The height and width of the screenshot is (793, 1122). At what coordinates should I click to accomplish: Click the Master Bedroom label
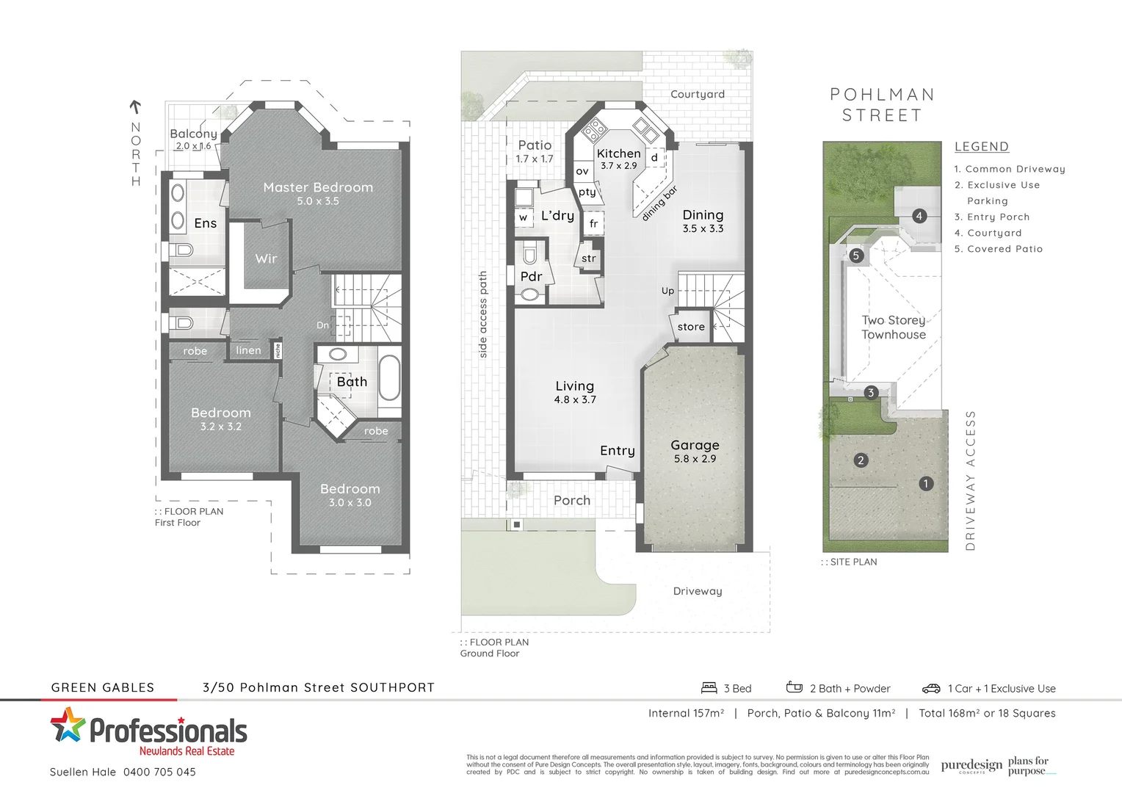coord(318,188)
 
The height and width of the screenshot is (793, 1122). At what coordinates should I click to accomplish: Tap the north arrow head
coord(135,105)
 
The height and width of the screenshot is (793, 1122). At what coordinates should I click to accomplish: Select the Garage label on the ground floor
coord(695,445)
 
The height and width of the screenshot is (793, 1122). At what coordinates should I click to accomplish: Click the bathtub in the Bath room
coord(389,377)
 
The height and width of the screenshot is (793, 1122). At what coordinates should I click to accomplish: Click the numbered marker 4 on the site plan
coord(919,216)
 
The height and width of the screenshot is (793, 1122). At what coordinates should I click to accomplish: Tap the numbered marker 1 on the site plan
coord(926,483)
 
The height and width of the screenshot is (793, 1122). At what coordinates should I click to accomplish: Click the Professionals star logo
coord(67,725)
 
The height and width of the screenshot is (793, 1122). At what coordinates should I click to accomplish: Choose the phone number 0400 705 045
coord(159,772)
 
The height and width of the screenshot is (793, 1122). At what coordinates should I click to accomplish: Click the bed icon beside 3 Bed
coord(709,688)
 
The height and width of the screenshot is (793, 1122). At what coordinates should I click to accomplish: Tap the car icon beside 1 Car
coord(931,689)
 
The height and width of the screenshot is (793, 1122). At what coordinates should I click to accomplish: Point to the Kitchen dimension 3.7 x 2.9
coord(619,166)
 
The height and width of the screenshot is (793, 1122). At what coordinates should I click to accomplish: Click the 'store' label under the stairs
coord(691,327)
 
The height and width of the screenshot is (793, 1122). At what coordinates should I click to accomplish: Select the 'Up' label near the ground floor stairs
coord(667,291)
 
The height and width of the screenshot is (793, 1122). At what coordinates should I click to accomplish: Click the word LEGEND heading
coord(982,147)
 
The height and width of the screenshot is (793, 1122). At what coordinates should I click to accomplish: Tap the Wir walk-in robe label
coord(266,258)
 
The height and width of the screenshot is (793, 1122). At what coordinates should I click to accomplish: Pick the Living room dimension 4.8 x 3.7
coord(575,399)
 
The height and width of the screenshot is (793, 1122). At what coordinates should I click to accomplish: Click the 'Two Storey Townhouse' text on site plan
coord(894,327)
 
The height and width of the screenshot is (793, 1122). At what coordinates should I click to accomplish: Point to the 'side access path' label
coord(483,314)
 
